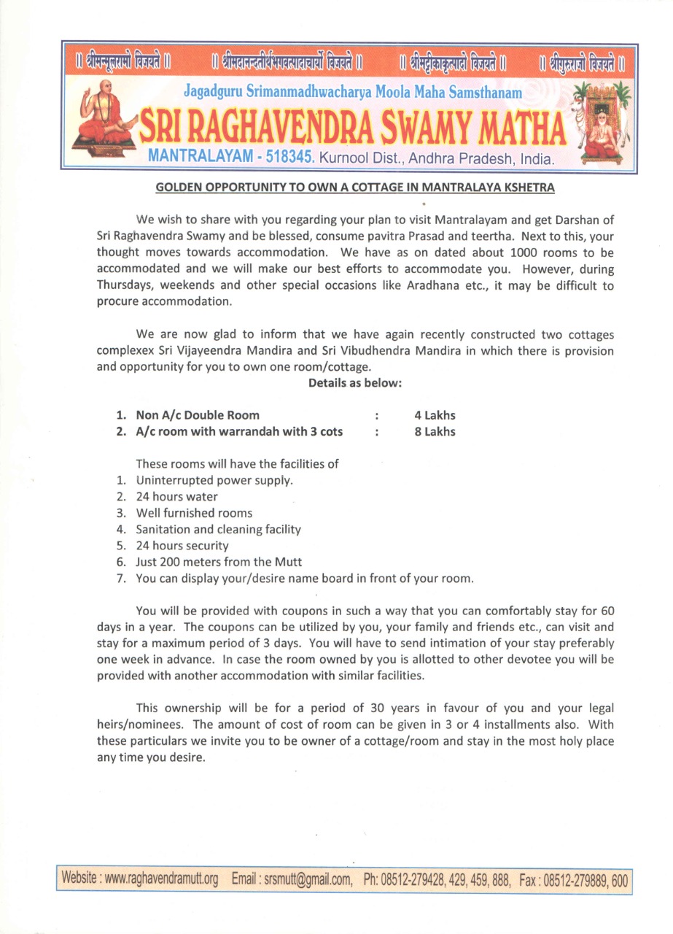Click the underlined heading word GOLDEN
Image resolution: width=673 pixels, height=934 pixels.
coord(179,188)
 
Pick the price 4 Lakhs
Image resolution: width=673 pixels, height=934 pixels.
coord(435,415)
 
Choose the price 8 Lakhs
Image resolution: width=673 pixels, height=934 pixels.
coord(435,431)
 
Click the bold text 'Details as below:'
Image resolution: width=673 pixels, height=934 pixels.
coord(355,382)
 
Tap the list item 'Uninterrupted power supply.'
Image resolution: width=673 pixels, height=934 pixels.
coord(214,481)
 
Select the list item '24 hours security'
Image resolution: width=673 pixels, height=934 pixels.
coord(182,545)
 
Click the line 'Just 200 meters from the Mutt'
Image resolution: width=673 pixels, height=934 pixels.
coord(219,562)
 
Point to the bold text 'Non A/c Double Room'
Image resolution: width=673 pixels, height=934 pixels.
coord(197,415)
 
